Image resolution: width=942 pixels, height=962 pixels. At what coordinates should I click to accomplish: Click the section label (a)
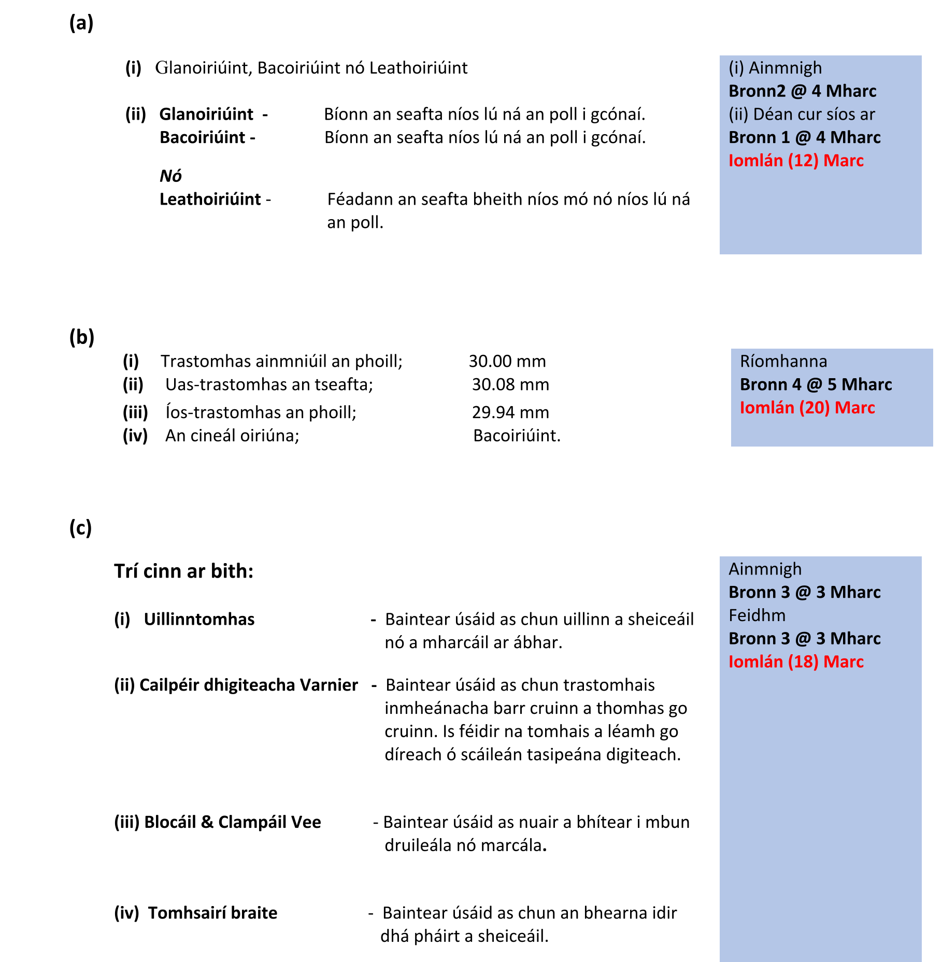point(81,23)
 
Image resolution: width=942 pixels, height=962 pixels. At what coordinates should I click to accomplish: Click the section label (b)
point(82,337)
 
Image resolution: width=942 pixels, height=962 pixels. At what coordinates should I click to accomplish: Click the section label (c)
point(80,528)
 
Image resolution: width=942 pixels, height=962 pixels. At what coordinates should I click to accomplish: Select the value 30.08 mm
point(510,384)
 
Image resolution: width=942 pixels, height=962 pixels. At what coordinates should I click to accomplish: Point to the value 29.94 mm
point(510,412)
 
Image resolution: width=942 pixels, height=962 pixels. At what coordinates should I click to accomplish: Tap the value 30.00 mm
point(507,361)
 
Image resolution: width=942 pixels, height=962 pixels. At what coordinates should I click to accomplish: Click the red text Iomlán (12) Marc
point(796,161)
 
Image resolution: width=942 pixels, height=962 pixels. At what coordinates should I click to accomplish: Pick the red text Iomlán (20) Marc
point(807,408)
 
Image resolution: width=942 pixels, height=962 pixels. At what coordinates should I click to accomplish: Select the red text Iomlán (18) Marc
point(796,662)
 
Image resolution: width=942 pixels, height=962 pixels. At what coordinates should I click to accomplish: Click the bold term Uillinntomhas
point(199,620)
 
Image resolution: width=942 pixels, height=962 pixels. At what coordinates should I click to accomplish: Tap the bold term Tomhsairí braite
point(212,913)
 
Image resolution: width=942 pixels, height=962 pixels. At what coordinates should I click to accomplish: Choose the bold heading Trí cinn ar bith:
point(184,571)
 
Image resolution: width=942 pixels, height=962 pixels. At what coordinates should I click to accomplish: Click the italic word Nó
point(170,176)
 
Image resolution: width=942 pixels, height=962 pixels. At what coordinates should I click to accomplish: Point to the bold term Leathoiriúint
point(210,199)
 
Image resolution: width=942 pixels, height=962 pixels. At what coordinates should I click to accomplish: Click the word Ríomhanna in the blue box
point(783,361)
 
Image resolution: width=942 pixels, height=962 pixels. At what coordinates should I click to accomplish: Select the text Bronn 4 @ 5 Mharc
point(816,384)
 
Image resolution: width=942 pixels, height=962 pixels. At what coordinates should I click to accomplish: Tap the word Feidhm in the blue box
point(757,615)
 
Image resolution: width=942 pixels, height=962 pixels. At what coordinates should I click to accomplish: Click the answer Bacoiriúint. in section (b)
point(517,436)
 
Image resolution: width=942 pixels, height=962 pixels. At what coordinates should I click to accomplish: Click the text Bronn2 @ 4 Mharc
point(802,91)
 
